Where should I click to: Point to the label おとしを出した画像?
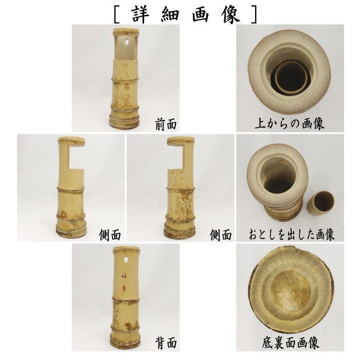pyautogui.click(x=292, y=235)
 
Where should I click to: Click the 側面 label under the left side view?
pyautogui.click(x=110, y=235)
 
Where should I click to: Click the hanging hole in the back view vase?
pyautogui.click(x=126, y=254)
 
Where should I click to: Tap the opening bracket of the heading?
pyautogui.click(x=118, y=14)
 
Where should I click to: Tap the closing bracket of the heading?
pyautogui.click(x=253, y=14)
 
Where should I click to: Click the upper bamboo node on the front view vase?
pyautogui.click(x=127, y=80)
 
